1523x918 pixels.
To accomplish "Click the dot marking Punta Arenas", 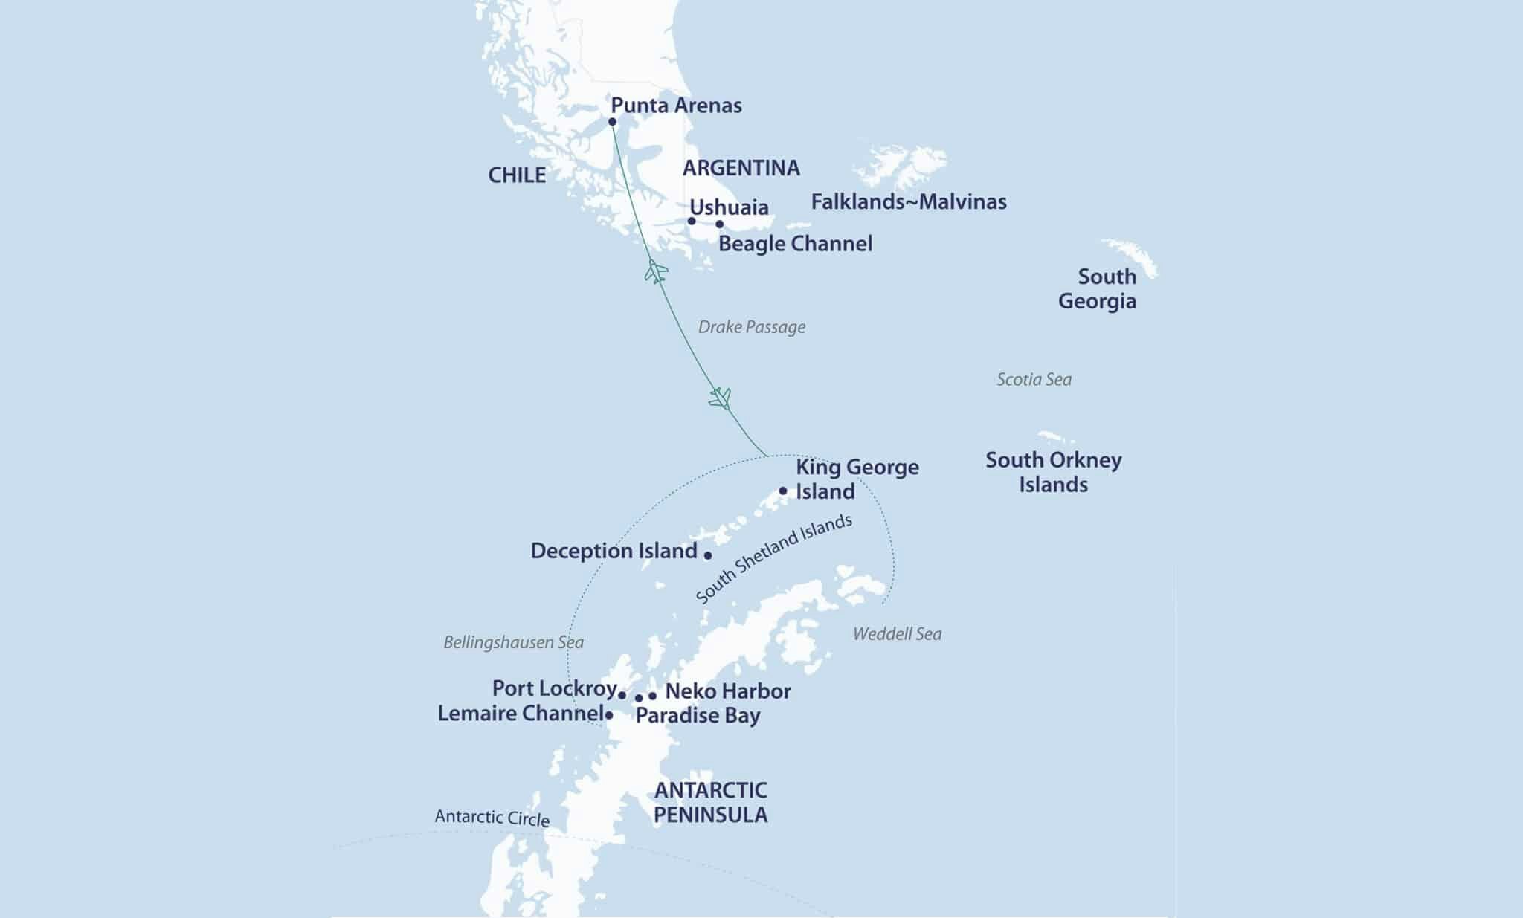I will pyautogui.click(x=612, y=122).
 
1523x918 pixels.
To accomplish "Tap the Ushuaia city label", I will pyautogui.click(x=729, y=207).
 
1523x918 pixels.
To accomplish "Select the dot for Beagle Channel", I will pyautogui.click(x=719, y=224).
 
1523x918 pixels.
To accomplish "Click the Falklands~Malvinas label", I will pyautogui.click(x=908, y=201).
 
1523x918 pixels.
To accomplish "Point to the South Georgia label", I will pyautogui.click(x=1098, y=288).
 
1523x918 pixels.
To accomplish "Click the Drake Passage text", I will pyautogui.click(x=751, y=327).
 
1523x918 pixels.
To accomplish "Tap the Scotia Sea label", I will pyautogui.click(x=1034, y=380).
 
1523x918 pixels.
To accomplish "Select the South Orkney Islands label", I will pyautogui.click(x=1053, y=472).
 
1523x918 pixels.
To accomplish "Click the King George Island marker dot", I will pyautogui.click(x=783, y=491).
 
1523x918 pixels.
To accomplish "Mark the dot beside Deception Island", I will pyautogui.click(x=707, y=555).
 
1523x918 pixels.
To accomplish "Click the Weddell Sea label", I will pyautogui.click(x=897, y=634).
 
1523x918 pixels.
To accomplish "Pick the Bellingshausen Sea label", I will pyautogui.click(x=513, y=642).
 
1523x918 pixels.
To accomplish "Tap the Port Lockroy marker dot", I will pyautogui.click(x=622, y=695).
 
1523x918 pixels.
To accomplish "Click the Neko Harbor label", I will pyautogui.click(x=727, y=691).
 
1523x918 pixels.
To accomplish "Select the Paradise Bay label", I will pyautogui.click(x=698, y=716).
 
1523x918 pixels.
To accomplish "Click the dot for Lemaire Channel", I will pyautogui.click(x=609, y=715).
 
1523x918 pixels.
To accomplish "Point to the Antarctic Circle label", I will pyautogui.click(x=492, y=818).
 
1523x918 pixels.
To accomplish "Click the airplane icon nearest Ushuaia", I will pyautogui.click(x=655, y=271).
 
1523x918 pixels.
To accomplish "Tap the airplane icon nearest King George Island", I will pyautogui.click(x=720, y=398).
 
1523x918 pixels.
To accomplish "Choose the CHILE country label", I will pyautogui.click(x=517, y=175).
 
